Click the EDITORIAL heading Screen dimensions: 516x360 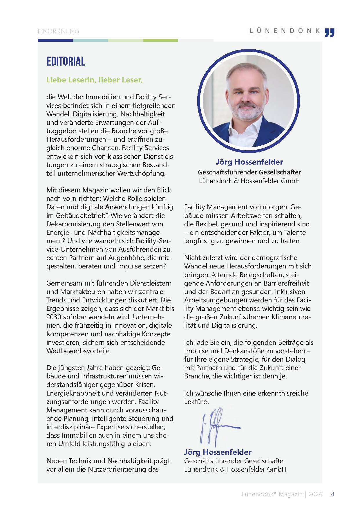66,61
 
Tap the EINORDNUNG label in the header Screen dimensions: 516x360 58,31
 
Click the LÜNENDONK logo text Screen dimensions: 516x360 285,31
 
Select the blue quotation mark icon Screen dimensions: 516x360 330,33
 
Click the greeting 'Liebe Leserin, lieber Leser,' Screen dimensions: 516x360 94,80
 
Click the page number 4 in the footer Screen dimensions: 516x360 332,494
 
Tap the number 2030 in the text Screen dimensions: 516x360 54,317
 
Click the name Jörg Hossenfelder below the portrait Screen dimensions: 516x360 249,162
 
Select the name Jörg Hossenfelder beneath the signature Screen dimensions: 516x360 218,452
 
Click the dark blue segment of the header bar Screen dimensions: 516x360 55,40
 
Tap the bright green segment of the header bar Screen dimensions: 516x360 160,40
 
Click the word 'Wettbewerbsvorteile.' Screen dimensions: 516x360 79,351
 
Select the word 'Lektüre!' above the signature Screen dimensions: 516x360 196,402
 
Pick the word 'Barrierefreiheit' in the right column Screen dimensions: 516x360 286,283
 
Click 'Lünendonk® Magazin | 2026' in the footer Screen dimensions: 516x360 282,494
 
